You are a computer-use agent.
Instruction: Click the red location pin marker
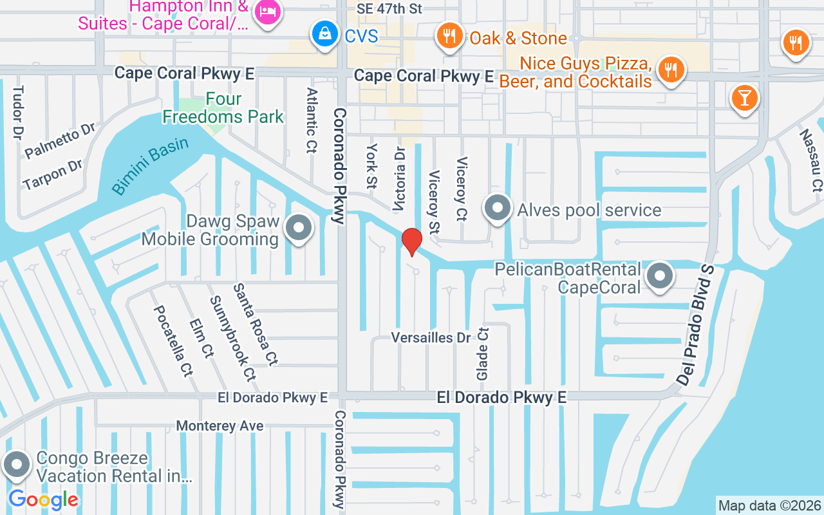412,241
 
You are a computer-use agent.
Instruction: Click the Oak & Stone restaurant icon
449,36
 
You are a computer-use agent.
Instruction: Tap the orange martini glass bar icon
745,98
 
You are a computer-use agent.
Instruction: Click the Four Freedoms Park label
223,108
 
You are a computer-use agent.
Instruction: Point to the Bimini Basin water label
150,165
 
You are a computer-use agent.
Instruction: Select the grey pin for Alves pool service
498,208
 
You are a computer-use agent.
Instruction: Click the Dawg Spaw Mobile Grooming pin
298,228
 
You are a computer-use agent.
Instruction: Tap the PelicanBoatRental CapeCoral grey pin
659,276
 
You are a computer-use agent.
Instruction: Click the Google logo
43,500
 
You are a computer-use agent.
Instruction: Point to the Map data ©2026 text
769,505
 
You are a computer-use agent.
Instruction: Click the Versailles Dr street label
431,338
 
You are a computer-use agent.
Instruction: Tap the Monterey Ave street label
220,426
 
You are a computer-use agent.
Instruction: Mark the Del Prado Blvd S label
697,325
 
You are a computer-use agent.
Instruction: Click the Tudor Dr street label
18,112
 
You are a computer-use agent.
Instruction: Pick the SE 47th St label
389,9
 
